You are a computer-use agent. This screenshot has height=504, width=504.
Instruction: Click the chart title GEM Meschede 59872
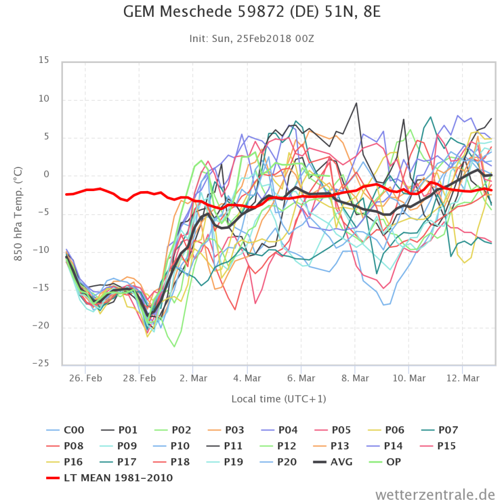tap(252, 12)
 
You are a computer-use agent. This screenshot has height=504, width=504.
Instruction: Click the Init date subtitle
tap(252, 38)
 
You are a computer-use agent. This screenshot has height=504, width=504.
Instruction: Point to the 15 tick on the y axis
tap(44, 61)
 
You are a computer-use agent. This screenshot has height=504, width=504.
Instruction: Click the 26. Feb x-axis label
tap(86, 379)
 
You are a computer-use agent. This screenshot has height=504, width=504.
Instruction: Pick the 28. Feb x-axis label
tap(140, 379)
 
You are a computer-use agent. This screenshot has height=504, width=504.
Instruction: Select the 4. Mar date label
tap(247, 379)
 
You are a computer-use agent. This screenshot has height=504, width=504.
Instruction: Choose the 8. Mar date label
tap(355, 379)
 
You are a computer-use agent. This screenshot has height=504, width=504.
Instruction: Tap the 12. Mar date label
tap(463, 379)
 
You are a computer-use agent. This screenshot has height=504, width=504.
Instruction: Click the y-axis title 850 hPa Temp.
tap(17, 213)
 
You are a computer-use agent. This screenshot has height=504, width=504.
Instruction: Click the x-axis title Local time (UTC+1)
tap(279, 399)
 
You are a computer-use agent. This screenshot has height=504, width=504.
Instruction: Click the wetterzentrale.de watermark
tap(435, 494)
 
